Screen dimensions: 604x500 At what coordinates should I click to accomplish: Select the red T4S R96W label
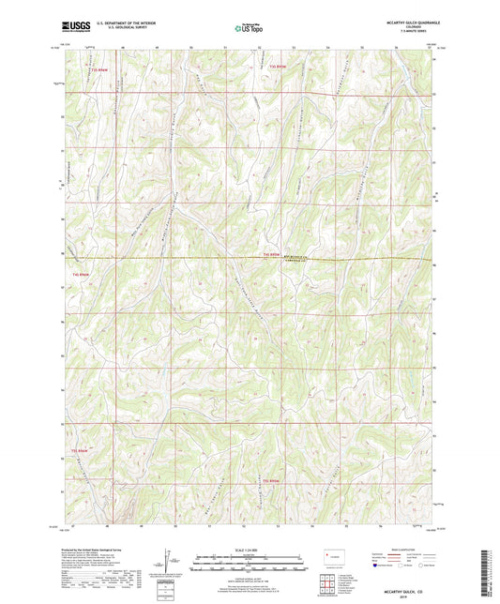[x=82, y=274]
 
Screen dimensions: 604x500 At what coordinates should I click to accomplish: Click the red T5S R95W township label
[x=273, y=481]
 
